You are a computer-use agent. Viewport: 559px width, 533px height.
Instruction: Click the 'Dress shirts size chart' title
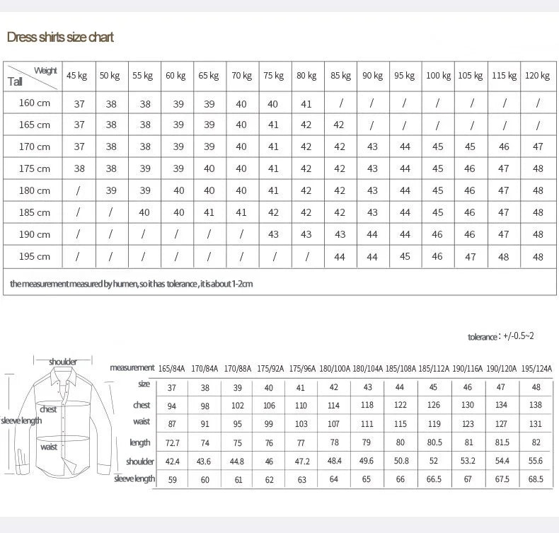click(x=60, y=38)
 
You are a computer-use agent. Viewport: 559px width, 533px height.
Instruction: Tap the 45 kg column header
click(x=76, y=76)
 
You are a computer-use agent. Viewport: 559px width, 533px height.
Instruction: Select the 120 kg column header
click(x=538, y=76)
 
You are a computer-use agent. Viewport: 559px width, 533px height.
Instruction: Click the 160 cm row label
click(x=34, y=103)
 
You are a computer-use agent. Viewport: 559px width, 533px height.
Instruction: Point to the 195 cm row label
click(x=34, y=256)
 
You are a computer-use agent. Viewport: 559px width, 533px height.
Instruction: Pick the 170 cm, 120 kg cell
click(x=538, y=147)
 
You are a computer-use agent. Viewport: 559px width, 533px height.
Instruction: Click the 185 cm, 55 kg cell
click(x=144, y=212)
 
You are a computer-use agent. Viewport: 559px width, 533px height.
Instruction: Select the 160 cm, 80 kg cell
click(x=306, y=104)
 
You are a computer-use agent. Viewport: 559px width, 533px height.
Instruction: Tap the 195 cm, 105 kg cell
click(x=470, y=257)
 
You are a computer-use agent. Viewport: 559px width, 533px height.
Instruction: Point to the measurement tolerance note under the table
click(x=132, y=284)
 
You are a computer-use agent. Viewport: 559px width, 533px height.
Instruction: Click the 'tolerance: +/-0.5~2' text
click(x=501, y=336)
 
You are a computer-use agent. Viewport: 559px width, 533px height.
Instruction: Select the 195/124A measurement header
click(x=536, y=368)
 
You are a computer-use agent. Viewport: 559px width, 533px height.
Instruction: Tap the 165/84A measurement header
click(x=172, y=368)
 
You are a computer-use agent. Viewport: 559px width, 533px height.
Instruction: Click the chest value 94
click(x=172, y=406)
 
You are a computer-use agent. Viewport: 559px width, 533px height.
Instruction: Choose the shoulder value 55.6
click(x=536, y=462)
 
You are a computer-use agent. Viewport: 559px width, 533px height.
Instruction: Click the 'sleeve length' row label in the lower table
click(x=134, y=479)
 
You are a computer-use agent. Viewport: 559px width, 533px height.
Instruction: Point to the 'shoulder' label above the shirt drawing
click(x=63, y=362)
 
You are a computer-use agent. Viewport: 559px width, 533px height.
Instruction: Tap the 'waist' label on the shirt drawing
click(x=48, y=447)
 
